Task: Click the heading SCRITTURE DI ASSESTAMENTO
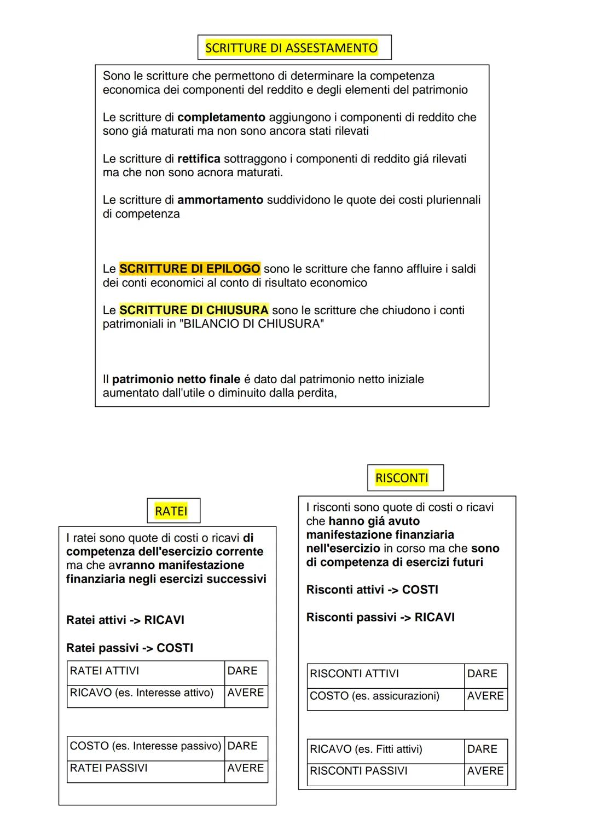tap(291, 48)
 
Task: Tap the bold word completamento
tap(221, 117)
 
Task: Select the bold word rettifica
tap(199, 159)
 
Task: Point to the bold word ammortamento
tap(220, 200)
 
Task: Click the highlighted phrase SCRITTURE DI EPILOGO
tap(189, 269)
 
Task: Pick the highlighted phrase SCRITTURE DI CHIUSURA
tap(194, 310)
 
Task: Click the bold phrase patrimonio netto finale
tap(176, 379)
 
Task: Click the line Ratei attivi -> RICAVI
tap(125, 620)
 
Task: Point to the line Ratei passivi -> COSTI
tap(130, 648)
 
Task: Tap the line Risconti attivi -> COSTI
tap(372, 590)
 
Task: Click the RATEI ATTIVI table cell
tap(146, 671)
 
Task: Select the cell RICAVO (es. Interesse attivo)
tap(146, 693)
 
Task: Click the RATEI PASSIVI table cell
tap(146, 768)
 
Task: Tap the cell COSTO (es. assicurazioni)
tap(385, 696)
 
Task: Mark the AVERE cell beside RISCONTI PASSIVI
tap(485, 771)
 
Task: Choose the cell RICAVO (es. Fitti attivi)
tap(385, 749)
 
